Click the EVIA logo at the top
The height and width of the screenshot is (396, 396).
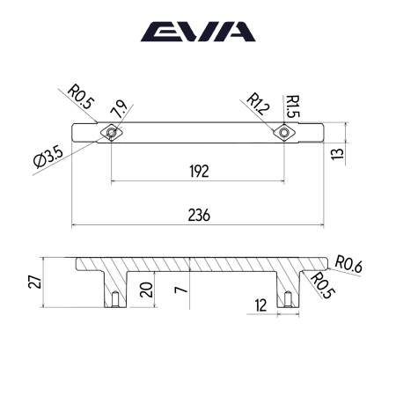198,33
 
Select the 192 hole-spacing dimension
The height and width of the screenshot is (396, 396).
199,172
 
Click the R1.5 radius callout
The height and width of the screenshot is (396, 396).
290,107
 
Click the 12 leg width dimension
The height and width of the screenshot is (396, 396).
260,304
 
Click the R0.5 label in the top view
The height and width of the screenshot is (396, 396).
80,94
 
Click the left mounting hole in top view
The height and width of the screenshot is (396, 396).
111,133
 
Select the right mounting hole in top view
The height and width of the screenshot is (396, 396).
284,133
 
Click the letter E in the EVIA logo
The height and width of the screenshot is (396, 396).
158,33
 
